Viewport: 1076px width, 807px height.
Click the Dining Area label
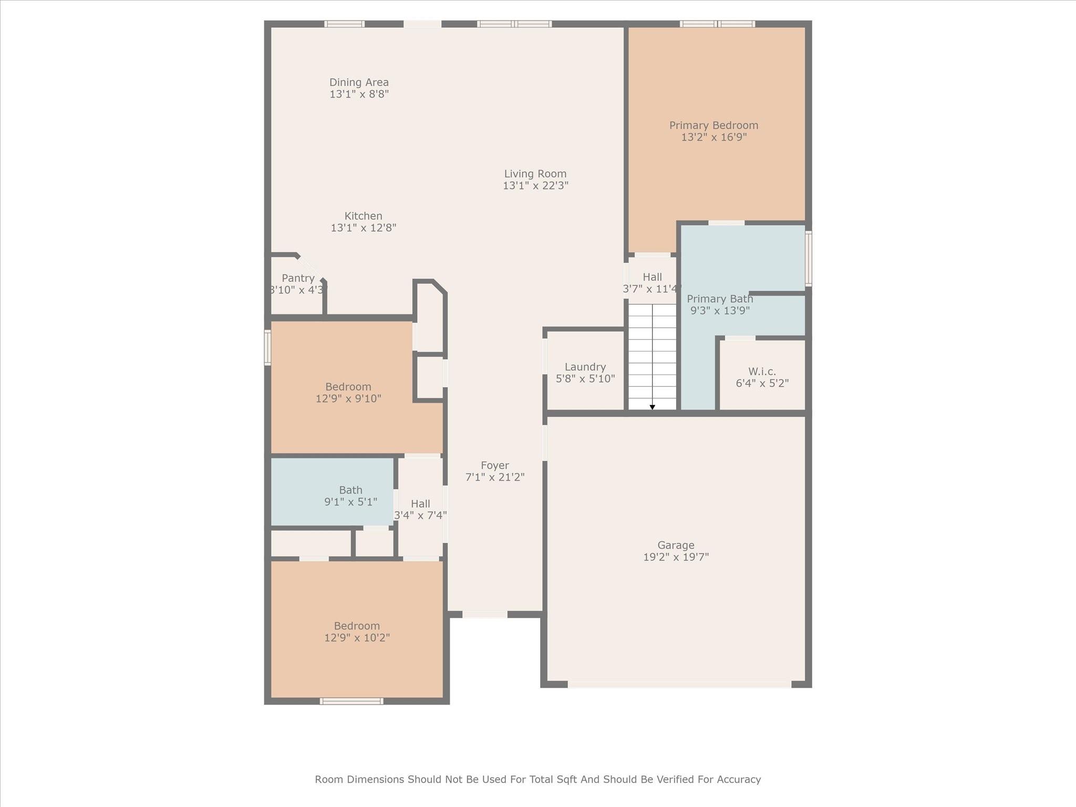click(x=359, y=82)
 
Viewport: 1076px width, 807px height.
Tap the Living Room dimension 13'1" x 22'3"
click(x=535, y=185)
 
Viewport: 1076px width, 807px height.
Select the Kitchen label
click(x=363, y=216)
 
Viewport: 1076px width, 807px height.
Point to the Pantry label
click(x=298, y=278)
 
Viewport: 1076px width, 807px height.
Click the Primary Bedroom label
click(x=713, y=126)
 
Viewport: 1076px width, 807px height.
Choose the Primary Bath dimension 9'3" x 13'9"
click(x=720, y=311)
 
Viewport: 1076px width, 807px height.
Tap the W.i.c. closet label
click(x=762, y=371)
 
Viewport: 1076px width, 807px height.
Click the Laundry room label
click(x=585, y=367)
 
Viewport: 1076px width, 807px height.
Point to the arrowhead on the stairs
click(x=652, y=407)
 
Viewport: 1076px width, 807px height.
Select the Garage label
click(x=676, y=545)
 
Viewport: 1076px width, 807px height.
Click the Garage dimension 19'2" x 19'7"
click(x=676, y=557)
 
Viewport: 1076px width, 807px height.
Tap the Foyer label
click(x=495, y=465)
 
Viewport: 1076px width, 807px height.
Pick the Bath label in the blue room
click(x=350, y=490)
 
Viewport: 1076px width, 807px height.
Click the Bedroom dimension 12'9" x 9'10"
click(x=348, y=399)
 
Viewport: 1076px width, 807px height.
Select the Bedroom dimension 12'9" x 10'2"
click(x=357, y=638)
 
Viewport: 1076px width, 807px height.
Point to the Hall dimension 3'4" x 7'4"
click(x=420, y=515)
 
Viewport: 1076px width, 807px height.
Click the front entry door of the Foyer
click(x=485, y=614)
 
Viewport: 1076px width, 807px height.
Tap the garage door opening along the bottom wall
click(x=679, y=684)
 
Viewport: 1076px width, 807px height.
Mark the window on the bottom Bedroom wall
click(x=351, y=701)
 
